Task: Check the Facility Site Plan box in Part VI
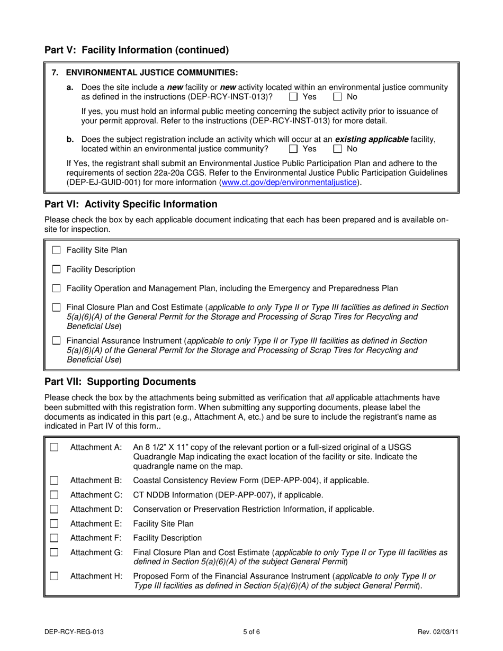coord(57,250)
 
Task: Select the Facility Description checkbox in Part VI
coord(57,269)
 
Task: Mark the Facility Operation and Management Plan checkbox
coord(57,288)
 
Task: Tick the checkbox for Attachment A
coord(54,448)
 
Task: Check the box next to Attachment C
coord(54,495)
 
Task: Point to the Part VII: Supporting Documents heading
coord(120,382)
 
